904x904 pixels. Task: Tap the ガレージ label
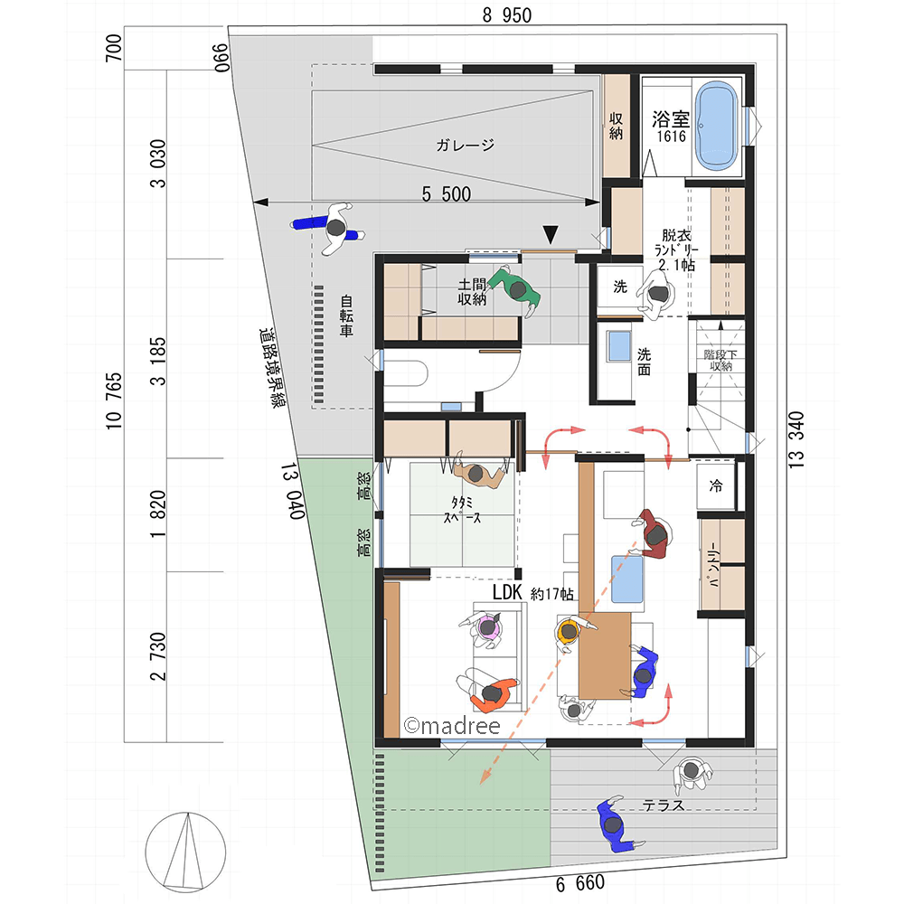[x=466, y=145]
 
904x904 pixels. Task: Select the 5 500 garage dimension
[x=447, y=194]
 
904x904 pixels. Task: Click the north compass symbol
[x=185, y=852]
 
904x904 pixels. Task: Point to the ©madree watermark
[x=452, y=726]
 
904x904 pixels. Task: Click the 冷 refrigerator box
[x=716, y=486]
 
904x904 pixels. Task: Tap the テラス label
[x=663, y=805]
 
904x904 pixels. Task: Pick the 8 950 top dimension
[x=507, y=15]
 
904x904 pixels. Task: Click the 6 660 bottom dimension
[x=580, y=883]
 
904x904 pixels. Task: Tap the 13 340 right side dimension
[x=796, y=439]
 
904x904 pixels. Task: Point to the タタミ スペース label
[x=462, y=510]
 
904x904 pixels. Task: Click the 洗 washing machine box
[x=620, y=286]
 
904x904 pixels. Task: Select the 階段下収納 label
[x=720, y=360]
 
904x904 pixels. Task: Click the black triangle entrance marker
[x=551, y=234]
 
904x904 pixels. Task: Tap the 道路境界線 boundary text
[x=271, y=368]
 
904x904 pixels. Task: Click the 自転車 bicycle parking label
[x=346, y=315]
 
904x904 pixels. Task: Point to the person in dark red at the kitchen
[x=654, y=534]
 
